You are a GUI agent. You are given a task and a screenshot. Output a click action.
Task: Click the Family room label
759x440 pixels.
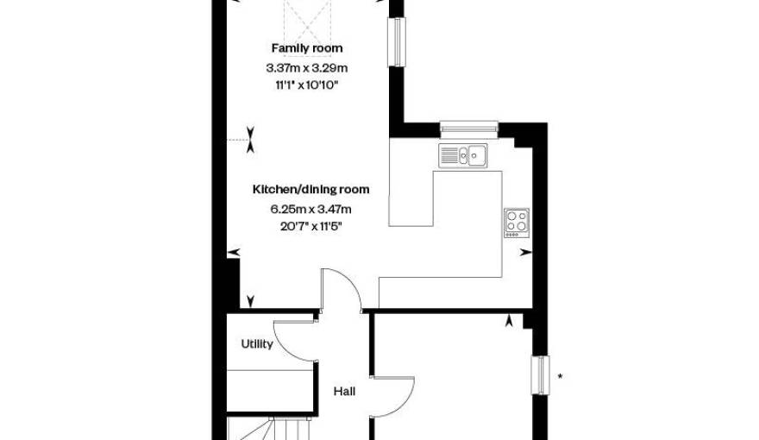coord(307,48)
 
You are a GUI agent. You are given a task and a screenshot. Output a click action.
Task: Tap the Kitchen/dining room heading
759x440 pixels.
coord(310,189)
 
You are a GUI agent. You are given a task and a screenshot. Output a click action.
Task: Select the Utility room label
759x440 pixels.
coord(257,344)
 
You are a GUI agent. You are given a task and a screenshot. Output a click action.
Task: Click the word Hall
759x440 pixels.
coord(344,391)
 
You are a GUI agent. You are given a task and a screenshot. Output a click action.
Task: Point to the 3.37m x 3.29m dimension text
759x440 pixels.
coord(307,68)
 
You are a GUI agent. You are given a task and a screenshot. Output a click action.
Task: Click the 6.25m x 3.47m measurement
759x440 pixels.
coord(310,209)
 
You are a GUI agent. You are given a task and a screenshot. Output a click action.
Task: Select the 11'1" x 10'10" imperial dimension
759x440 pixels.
coord(307,85)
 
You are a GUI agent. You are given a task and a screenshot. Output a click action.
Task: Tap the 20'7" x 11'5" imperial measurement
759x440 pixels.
coord(310,226)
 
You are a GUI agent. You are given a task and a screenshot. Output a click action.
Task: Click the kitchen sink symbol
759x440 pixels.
coord(463,155)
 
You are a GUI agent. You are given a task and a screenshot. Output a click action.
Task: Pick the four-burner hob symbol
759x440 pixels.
coord(517,223)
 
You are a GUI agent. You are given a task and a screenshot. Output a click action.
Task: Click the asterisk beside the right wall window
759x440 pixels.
coord(561,376)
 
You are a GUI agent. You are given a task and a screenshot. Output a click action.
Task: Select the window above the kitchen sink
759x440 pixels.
coord(469,128)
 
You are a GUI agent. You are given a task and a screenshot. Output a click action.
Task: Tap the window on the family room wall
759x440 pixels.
coord(397,41)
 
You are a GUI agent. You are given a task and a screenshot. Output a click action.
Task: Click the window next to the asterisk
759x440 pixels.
coord(540,375)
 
